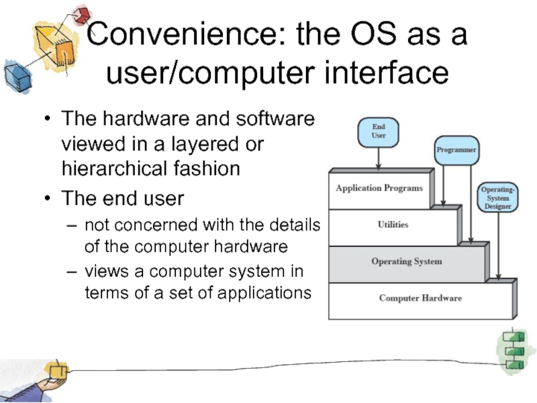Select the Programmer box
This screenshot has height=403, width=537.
coord(456,150)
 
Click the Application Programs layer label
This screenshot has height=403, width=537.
coord(379,188)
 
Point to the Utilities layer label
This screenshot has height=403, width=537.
coord(393,224)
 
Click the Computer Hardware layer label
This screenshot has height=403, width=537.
coord(420,298)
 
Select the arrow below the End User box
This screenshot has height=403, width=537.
coord(379,159)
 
